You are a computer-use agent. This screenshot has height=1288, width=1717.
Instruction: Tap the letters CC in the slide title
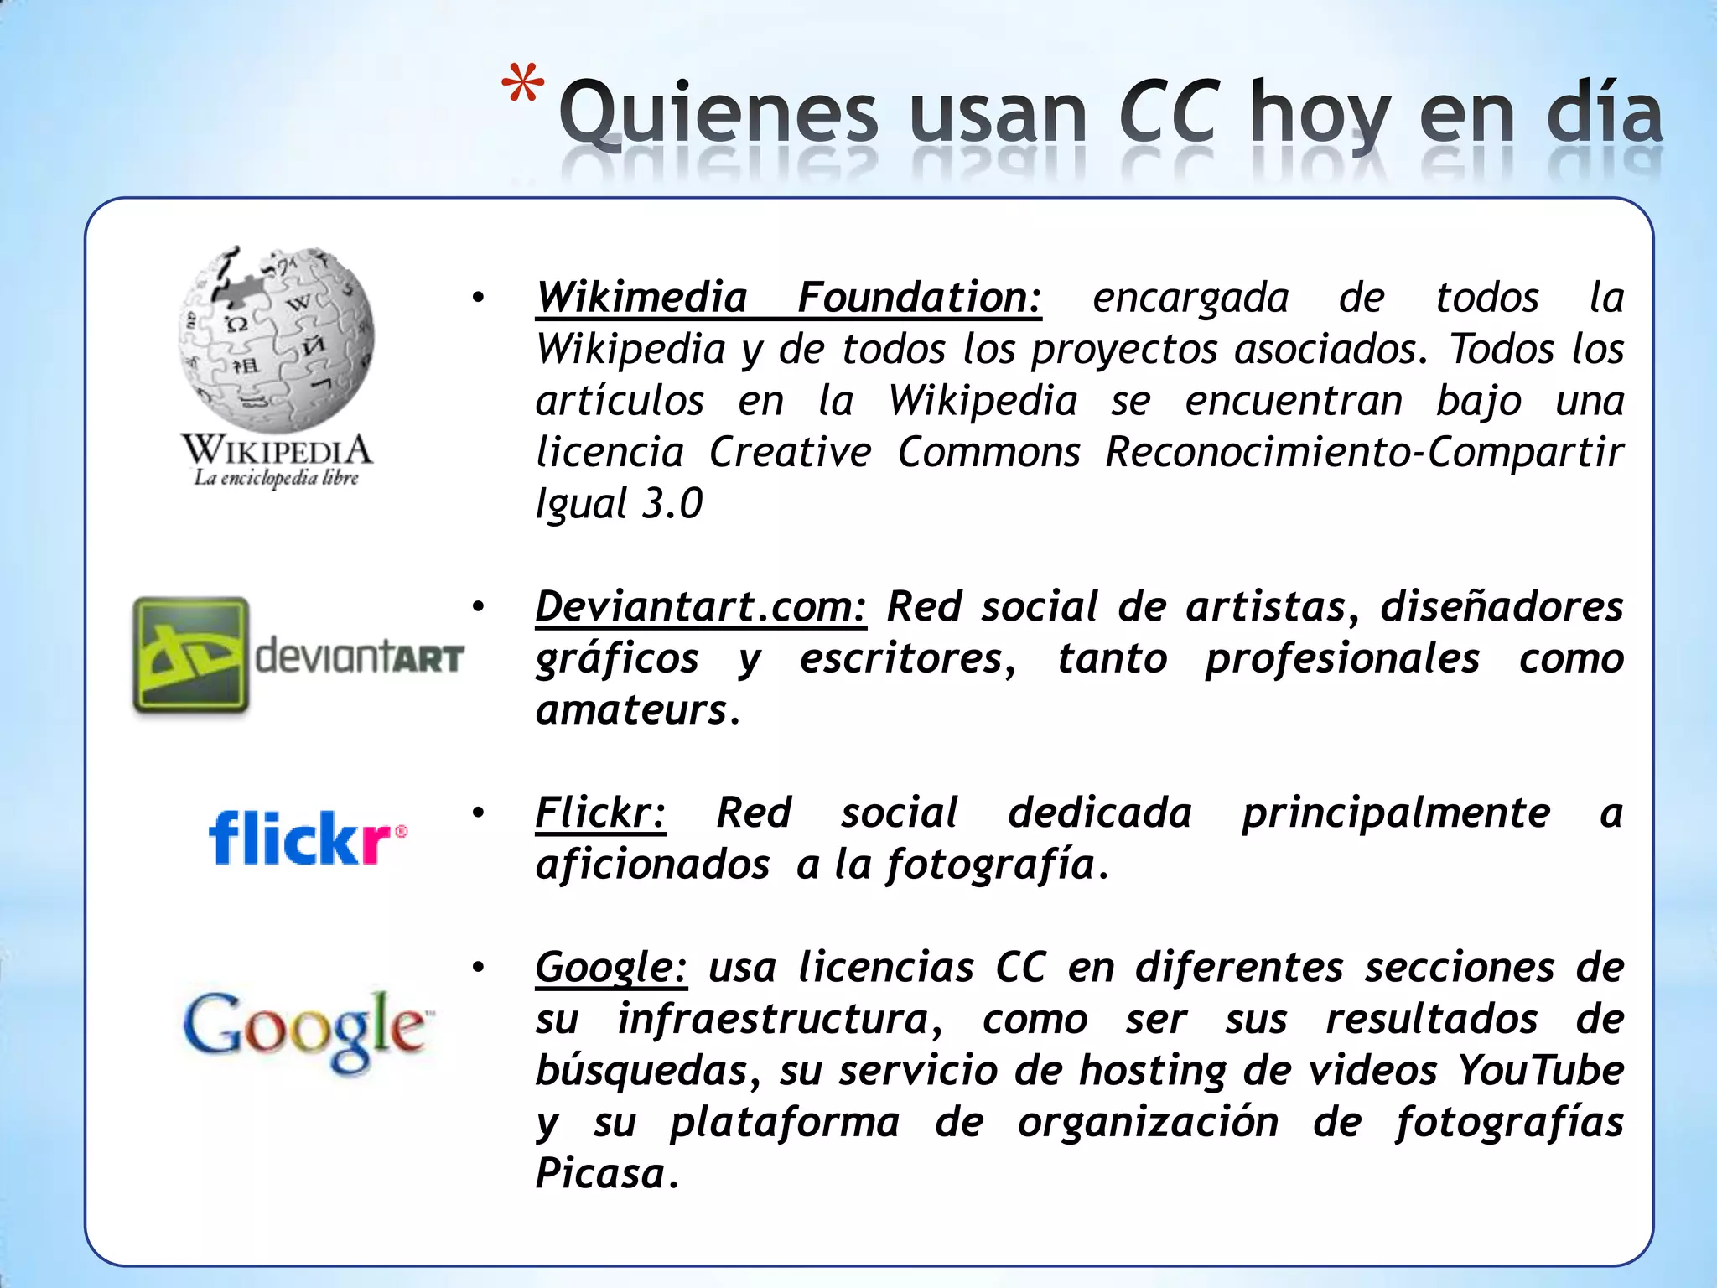click(1166, 112)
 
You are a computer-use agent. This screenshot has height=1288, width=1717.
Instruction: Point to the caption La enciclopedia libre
click(276, 479)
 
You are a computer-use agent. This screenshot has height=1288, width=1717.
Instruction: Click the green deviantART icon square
click(191, 655)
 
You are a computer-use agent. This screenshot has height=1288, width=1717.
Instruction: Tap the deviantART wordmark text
click(359, 657)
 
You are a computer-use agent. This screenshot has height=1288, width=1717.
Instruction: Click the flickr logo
click(307, 838)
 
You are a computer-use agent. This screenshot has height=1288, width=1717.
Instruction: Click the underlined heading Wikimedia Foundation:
click(788, 298)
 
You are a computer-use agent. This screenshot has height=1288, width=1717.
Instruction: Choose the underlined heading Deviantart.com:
click(701, 606)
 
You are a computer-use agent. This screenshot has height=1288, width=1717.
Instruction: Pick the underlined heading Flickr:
click(600, 813)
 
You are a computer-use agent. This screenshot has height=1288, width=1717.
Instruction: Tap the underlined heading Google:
click(611, 967)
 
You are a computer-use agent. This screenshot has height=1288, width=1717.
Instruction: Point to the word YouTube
click(1539, 1070)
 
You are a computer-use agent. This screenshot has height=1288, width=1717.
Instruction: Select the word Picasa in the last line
click(600, 1173)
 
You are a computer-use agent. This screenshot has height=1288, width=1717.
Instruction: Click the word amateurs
click(632, 710)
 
